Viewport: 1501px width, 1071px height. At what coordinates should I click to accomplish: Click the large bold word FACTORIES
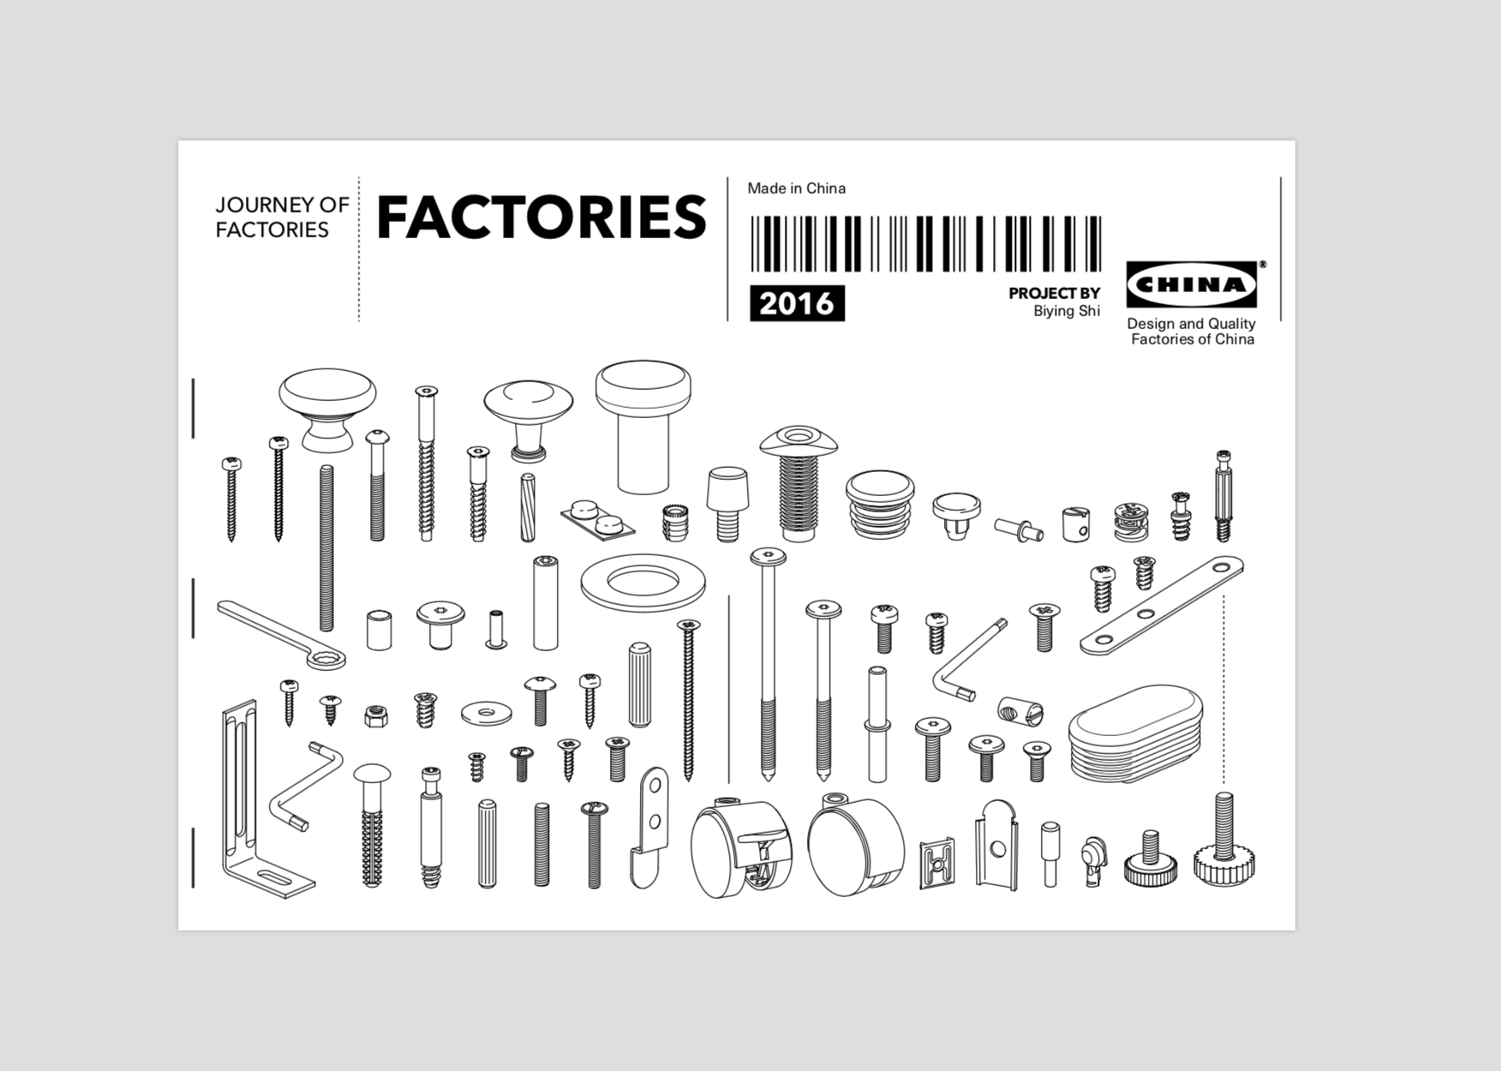541,218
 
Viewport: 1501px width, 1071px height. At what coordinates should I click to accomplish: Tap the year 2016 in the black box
797,303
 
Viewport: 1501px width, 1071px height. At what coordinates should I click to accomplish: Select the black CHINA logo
1191,284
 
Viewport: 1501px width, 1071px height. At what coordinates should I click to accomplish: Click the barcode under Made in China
925,243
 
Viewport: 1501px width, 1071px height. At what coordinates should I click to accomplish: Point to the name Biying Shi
1066,311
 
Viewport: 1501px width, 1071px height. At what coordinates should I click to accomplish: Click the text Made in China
796,188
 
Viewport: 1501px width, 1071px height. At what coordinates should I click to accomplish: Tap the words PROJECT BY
1054,293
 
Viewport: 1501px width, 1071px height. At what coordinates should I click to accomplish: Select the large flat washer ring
643,583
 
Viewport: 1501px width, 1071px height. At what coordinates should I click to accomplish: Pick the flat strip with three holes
1162,605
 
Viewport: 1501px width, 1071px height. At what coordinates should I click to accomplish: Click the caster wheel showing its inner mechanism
742,849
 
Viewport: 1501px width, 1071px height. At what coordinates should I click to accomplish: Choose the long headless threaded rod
326,548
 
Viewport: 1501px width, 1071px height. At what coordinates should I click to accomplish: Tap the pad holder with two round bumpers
597,516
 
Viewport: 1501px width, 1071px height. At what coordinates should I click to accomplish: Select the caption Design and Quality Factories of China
1192,332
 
